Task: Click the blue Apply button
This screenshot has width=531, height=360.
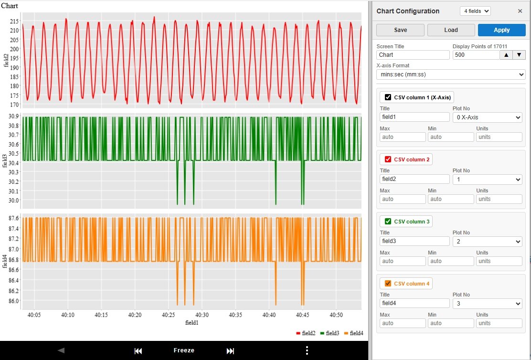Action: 501,30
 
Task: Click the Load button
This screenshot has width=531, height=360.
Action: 451,30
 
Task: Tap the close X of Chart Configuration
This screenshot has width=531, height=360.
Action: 520,11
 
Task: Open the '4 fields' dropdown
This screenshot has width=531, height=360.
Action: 475,11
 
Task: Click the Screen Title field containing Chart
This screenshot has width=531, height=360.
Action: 413,55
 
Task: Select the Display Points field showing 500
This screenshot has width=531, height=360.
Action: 475,55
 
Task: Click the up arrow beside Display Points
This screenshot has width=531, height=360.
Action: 506,55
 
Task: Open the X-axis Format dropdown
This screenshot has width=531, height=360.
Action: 450,74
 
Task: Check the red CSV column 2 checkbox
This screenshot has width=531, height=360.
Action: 388,159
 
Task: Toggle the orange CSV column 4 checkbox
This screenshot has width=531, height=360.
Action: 388,284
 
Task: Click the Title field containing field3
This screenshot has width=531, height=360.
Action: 414,241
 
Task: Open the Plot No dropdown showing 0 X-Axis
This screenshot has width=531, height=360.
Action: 487,117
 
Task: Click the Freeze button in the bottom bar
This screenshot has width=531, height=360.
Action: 184,350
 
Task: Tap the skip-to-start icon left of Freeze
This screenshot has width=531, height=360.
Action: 138,351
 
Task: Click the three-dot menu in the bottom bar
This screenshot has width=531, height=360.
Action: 307,350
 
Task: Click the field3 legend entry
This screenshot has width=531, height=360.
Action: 329,333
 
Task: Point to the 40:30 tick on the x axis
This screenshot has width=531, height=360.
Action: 202,315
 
